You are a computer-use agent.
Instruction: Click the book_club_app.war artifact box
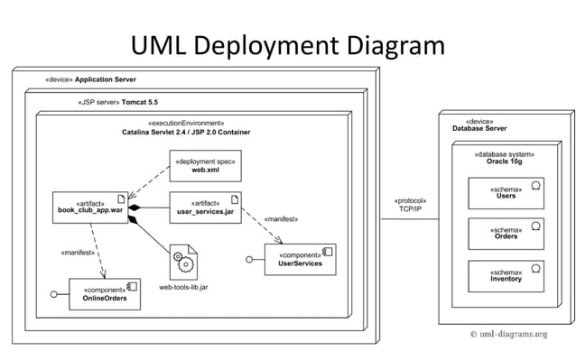[88, 209]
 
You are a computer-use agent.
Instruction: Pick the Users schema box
[506, 193]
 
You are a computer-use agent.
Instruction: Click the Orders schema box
[506, 234]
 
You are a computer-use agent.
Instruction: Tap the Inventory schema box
[506, 275]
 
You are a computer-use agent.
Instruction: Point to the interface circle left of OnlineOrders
[54, 294]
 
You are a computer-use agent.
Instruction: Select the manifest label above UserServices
[279, 219]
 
